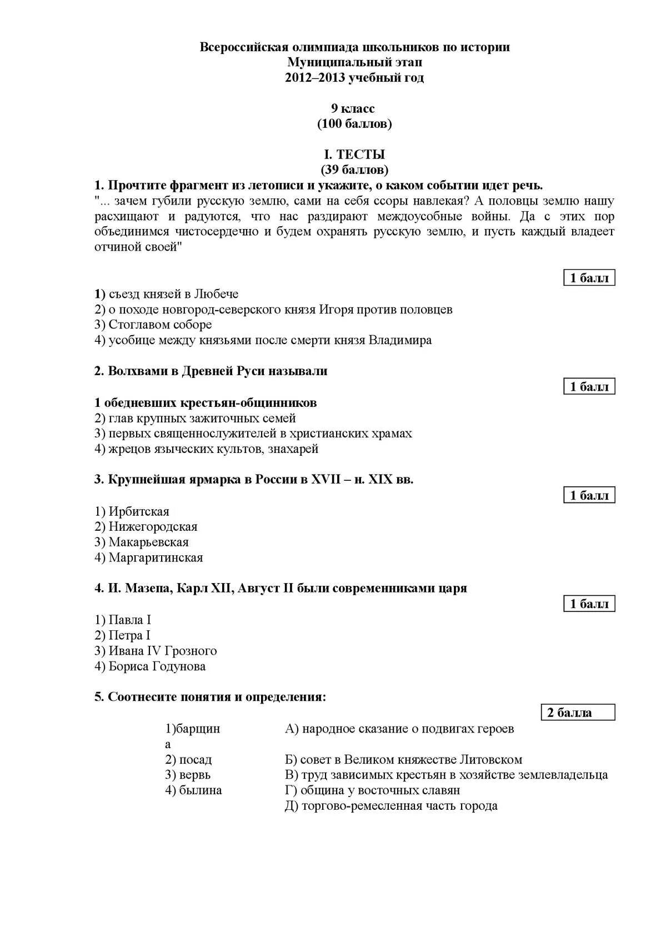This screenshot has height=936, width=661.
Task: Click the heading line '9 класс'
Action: pos(354,108)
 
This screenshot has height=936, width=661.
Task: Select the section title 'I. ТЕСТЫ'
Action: pos(354,155)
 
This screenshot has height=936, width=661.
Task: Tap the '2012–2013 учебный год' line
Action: pos(354,78)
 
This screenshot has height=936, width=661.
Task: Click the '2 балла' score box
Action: pos(578,713)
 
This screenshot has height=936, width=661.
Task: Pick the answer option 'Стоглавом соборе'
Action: pos(153,325)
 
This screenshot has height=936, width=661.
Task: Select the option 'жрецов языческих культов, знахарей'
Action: pos(207,449)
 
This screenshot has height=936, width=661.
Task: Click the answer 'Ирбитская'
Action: pos(132,511)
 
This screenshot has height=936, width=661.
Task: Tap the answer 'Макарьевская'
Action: pos(142,542)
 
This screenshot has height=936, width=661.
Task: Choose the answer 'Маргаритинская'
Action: pos(148,557)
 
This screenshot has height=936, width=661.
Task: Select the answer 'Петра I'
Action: pos(123,635)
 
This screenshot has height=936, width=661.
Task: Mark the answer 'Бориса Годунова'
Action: pos(150,666)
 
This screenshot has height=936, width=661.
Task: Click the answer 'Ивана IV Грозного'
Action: pos(156,651)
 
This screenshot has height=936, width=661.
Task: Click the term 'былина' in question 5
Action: pos(193,790)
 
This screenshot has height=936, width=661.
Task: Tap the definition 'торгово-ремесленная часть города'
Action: pos(391,806)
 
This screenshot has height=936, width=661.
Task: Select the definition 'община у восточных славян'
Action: pos(373,790)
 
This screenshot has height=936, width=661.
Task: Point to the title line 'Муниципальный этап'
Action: pos(354,63)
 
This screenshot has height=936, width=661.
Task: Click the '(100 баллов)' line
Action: pos(354,124)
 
